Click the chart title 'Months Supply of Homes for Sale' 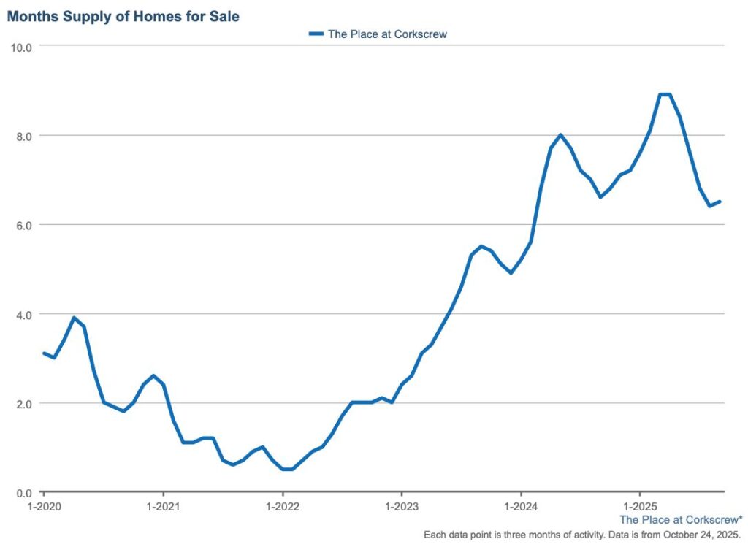tap(123, 16)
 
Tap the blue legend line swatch tap(316, 34)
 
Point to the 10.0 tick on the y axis tap(21, 47)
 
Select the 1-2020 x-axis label tap(43, 506)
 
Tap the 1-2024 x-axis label tap(521, 506)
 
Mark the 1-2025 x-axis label tap(640, 506)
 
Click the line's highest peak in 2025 tap(665, 94)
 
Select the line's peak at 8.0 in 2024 tap(560, 135)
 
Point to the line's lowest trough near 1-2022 tap(287, 469)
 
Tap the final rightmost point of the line tap(720, 202)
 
